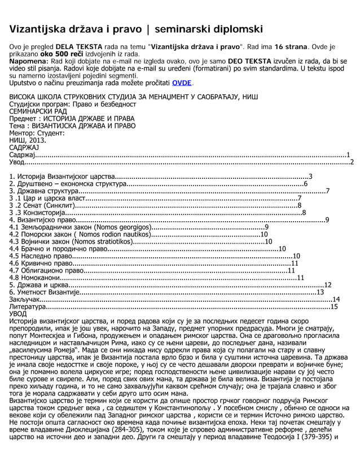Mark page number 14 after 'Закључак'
(336, 299)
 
